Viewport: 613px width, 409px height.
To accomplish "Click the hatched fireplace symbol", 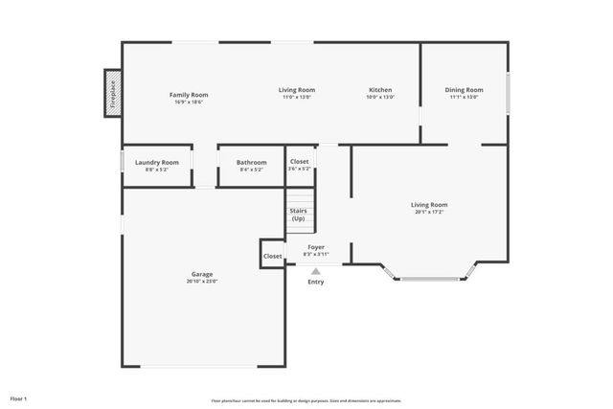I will tap(113, 94).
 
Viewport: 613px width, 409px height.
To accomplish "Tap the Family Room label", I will tap(189, 95).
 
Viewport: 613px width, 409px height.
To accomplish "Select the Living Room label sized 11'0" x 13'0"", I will tap(298, 90).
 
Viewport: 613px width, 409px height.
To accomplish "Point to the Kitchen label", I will tap(380, 90).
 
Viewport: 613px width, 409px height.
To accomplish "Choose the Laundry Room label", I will tap(156, 162).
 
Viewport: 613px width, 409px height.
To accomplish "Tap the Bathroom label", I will tap(252, 162).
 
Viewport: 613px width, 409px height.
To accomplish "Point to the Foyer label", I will tap(316, 247).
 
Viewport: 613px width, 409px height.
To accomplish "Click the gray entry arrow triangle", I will tap(315, 271).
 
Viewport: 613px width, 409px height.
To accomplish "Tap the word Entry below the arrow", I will tap(315, 282).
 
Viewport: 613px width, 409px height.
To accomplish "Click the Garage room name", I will tap(202, 274).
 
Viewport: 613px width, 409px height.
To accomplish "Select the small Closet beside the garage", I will tap(273, 256).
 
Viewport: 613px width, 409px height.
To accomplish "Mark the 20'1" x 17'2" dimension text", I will tap(429, 212).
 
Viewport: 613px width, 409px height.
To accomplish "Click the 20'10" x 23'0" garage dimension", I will tap(202, 281).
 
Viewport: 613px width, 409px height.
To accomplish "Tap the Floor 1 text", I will tap(19, 398).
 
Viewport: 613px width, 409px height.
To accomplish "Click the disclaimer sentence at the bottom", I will tap(306, 400).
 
